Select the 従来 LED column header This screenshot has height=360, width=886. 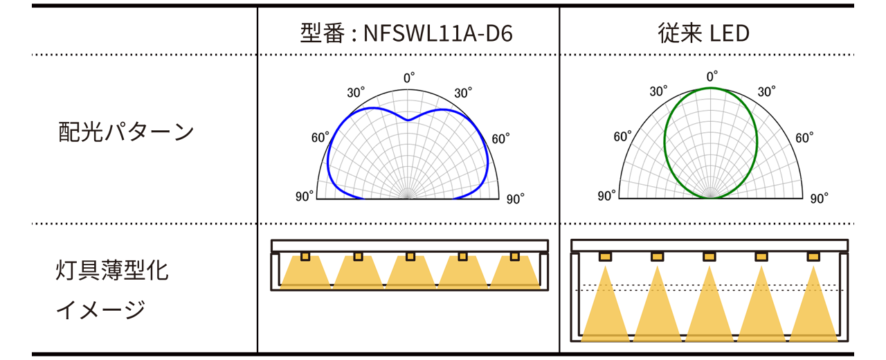point(703,33)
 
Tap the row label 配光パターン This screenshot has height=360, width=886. point(125,132)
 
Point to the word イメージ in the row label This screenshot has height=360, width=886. point(101,309)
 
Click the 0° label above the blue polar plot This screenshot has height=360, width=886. point(409,78)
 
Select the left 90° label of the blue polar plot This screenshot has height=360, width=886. point(305,197)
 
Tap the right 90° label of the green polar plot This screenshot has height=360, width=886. point(819,199)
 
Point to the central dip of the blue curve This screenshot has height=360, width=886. point(408,120)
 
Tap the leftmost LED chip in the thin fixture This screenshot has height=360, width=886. point(305,257)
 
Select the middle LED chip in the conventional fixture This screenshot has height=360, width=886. point(709,257)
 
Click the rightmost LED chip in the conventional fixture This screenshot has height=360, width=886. point(813,257)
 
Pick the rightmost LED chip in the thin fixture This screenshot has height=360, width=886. point(514,257)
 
